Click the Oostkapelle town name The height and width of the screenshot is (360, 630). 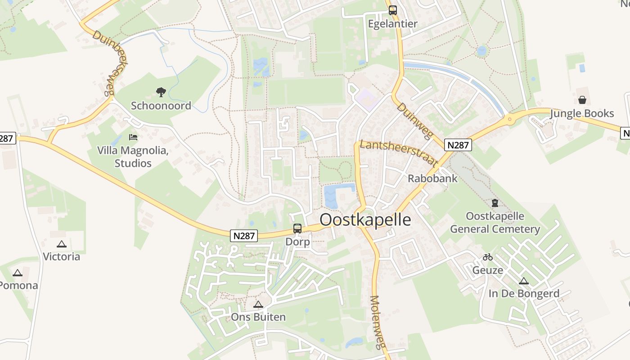(x=365, y=220)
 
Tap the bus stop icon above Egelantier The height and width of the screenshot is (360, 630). (x=393, y=10)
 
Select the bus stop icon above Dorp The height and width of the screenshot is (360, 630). (x=297, y=229)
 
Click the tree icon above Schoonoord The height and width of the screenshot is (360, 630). (x=161, y=92)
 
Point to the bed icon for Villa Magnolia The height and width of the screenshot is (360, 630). (x=133, y=137)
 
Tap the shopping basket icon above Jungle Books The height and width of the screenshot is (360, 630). (x=582, y=100)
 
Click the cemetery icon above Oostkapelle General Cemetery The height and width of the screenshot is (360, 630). (x=495, y=203)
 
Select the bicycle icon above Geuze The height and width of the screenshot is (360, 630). (x=488, y=257)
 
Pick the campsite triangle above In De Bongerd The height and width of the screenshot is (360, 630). (x=523, y=281)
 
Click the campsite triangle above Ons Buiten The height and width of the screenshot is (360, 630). (x=258, y=304)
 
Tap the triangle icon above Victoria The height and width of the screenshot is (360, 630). (x=62, y=244)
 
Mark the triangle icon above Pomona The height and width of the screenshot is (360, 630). (x=18, y=272)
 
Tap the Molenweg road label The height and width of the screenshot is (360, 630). (x=378, y=321)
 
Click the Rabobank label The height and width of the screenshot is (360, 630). (x=432, y=178)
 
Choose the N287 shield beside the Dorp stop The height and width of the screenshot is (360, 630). (x=244, y=236)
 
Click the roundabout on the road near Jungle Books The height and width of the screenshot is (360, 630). (x=509, y=119)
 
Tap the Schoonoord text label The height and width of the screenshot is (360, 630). (x=161, y=106)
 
